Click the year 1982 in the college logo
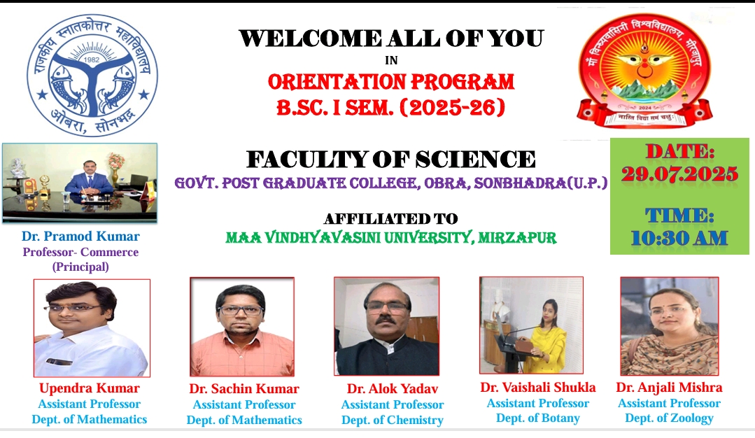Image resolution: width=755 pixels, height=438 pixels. (92, 59)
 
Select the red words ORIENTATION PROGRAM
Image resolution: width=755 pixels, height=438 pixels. (391, 83)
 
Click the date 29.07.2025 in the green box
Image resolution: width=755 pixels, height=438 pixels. (679, 174)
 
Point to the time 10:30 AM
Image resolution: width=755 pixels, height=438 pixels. (679, 238)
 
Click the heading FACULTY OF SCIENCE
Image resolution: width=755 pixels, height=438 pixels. (391, 160)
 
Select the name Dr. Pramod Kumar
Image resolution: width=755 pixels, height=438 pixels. (80, 236)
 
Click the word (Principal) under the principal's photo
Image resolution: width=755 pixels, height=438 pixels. (80, 267)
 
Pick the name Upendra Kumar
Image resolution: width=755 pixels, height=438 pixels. (90, 388)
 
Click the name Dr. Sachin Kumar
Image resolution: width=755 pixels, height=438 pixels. (244, 388)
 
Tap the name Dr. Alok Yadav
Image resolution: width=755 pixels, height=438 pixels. (393, 388)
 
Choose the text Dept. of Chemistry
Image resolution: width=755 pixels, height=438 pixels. (393, 421)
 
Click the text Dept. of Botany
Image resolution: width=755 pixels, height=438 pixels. (538, 418)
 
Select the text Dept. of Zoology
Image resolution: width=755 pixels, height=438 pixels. (670, 418)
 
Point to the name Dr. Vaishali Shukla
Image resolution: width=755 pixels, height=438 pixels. (538, 388)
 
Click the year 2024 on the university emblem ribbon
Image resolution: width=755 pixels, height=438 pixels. (644, 108)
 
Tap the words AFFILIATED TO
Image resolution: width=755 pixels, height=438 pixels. (391, 219)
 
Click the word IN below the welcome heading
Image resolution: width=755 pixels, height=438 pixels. (391, 60)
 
